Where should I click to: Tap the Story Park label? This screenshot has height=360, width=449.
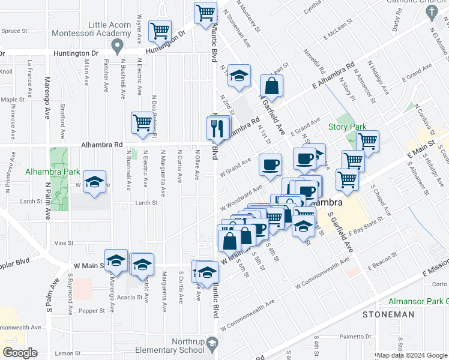pos(347,127)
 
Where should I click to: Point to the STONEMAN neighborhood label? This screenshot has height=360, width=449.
pos(388,314)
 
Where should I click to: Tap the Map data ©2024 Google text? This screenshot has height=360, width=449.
pos(412,356)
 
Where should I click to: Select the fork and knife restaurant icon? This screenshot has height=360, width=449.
pos(217,128)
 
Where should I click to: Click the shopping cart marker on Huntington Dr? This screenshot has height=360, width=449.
pos(160,31)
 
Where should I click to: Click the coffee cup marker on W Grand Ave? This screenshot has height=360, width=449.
pos(270,164)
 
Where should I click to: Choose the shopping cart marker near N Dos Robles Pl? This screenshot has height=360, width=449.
pos(143,122)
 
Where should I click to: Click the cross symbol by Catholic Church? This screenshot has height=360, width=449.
pos(432,16)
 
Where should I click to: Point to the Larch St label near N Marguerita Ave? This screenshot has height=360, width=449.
pos(146,203)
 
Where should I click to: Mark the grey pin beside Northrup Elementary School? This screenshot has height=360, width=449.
pos(211,344)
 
